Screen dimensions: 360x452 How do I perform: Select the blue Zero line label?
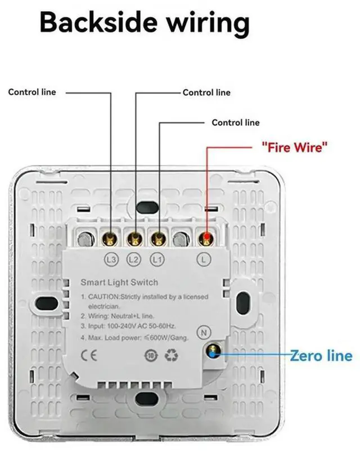point(321,356)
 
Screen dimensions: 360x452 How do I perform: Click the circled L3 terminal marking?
point(111,259)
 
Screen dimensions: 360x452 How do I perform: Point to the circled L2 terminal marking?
point(134,259)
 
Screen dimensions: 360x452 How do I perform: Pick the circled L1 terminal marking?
point(158,259)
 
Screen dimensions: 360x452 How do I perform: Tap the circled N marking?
point(206,332)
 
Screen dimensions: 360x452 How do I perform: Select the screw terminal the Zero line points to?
point(213,351)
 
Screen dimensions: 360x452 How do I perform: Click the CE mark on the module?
point(90,355)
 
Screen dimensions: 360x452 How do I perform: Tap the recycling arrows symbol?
point(170,355)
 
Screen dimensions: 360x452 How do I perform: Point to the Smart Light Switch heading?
point(119,282)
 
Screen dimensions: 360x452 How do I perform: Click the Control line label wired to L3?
point(32,92)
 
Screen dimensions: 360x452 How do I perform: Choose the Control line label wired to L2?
point(206,92)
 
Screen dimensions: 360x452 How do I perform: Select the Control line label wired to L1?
point(236,122)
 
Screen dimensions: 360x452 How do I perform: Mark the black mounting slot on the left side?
point(46,305)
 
